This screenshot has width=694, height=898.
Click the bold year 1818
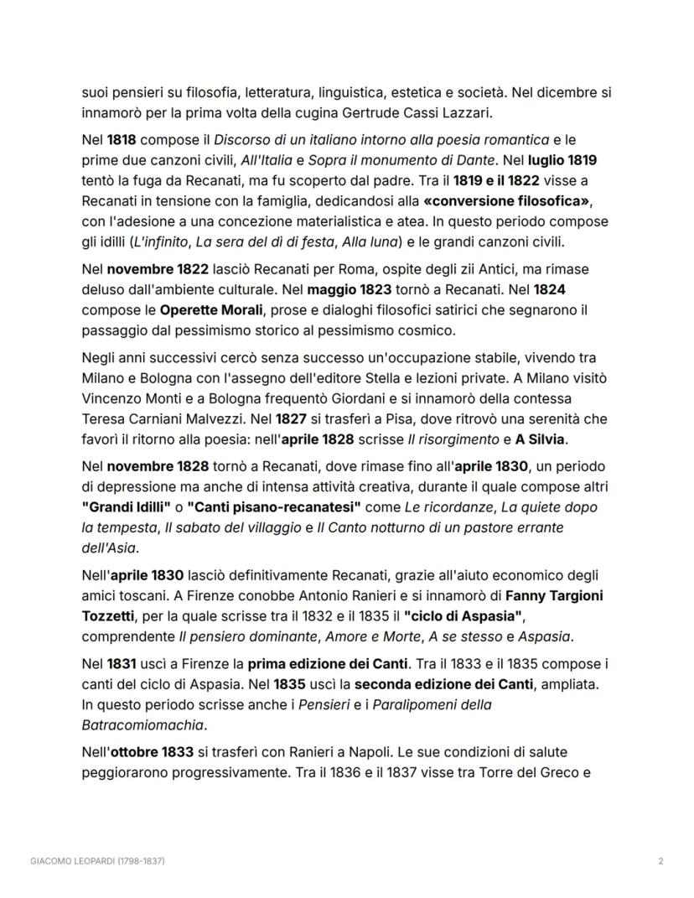click(122, 139)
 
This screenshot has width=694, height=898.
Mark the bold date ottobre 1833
click(150, 752)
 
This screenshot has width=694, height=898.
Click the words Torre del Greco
click(526, 772)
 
